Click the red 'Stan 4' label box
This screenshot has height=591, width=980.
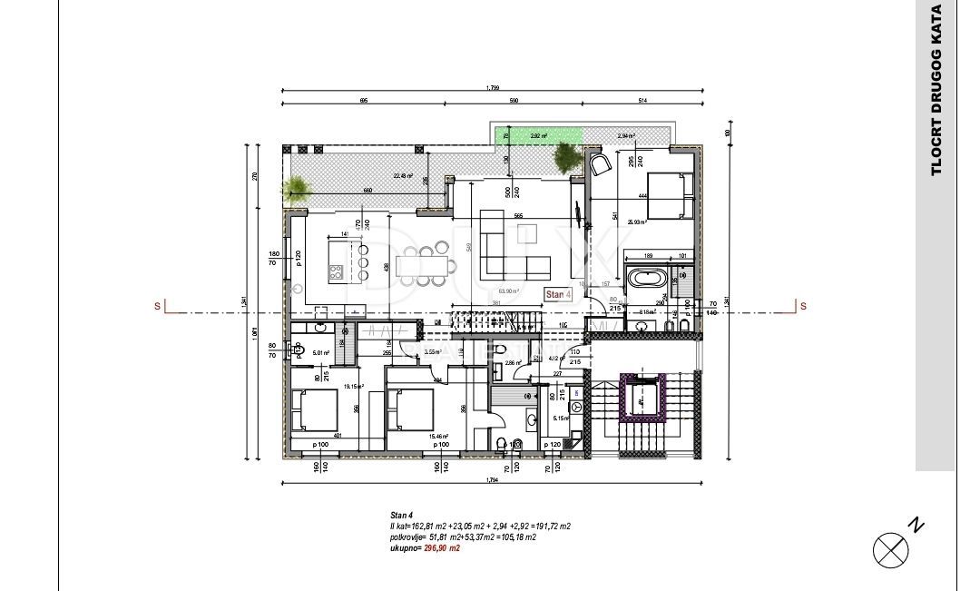point(557,294)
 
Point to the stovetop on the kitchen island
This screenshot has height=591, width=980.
point(335,270)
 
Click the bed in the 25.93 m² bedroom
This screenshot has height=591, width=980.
point(669,194)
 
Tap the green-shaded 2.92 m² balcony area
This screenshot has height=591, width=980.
point(538,135)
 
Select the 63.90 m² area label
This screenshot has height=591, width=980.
point(513,291)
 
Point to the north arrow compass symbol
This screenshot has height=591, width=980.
point(892,549)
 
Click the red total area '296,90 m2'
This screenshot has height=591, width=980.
point(442,548)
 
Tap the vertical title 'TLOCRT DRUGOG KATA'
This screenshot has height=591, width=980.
point(936,91)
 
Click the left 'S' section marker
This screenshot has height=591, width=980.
point(158,307)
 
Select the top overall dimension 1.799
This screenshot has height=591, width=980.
point(493,88)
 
